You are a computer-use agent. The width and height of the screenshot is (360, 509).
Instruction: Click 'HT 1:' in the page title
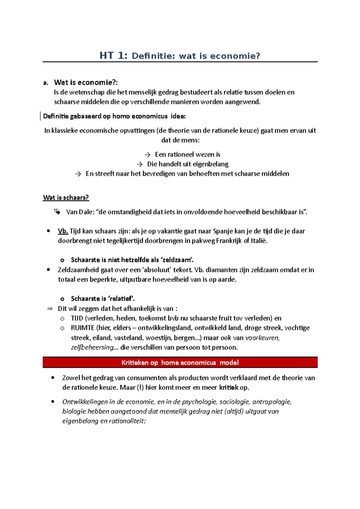click(x=113, y=56)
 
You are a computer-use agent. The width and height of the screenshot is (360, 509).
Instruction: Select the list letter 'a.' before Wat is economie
click(x=46, y=83)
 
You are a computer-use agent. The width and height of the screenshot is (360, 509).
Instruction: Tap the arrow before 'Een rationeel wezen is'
click(x=147, y=155)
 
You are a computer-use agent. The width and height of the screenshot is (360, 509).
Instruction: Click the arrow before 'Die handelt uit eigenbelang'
click(x=139, y=165)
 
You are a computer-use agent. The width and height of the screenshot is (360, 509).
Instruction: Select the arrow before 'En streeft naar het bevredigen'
click(x=78, y=174)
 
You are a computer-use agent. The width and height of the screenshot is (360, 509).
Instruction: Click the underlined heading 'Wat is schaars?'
click(x=66, y=198)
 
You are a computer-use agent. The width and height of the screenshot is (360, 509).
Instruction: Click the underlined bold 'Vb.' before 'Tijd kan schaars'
click(x=63, y=231)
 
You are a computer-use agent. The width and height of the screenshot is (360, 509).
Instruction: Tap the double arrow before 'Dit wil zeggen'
click(x=50, y=309)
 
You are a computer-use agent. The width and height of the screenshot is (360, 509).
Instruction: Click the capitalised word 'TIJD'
click(x=77, y=318)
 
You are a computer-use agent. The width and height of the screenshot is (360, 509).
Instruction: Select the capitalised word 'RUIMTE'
click(x=82, y=328)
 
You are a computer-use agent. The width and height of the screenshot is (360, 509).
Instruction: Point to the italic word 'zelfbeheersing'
click(x=92, y=347)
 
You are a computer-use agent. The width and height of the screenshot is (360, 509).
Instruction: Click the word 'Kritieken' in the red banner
click(x=135, y=363)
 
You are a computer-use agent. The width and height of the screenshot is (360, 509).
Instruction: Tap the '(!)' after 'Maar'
click(x=140, y=388)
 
